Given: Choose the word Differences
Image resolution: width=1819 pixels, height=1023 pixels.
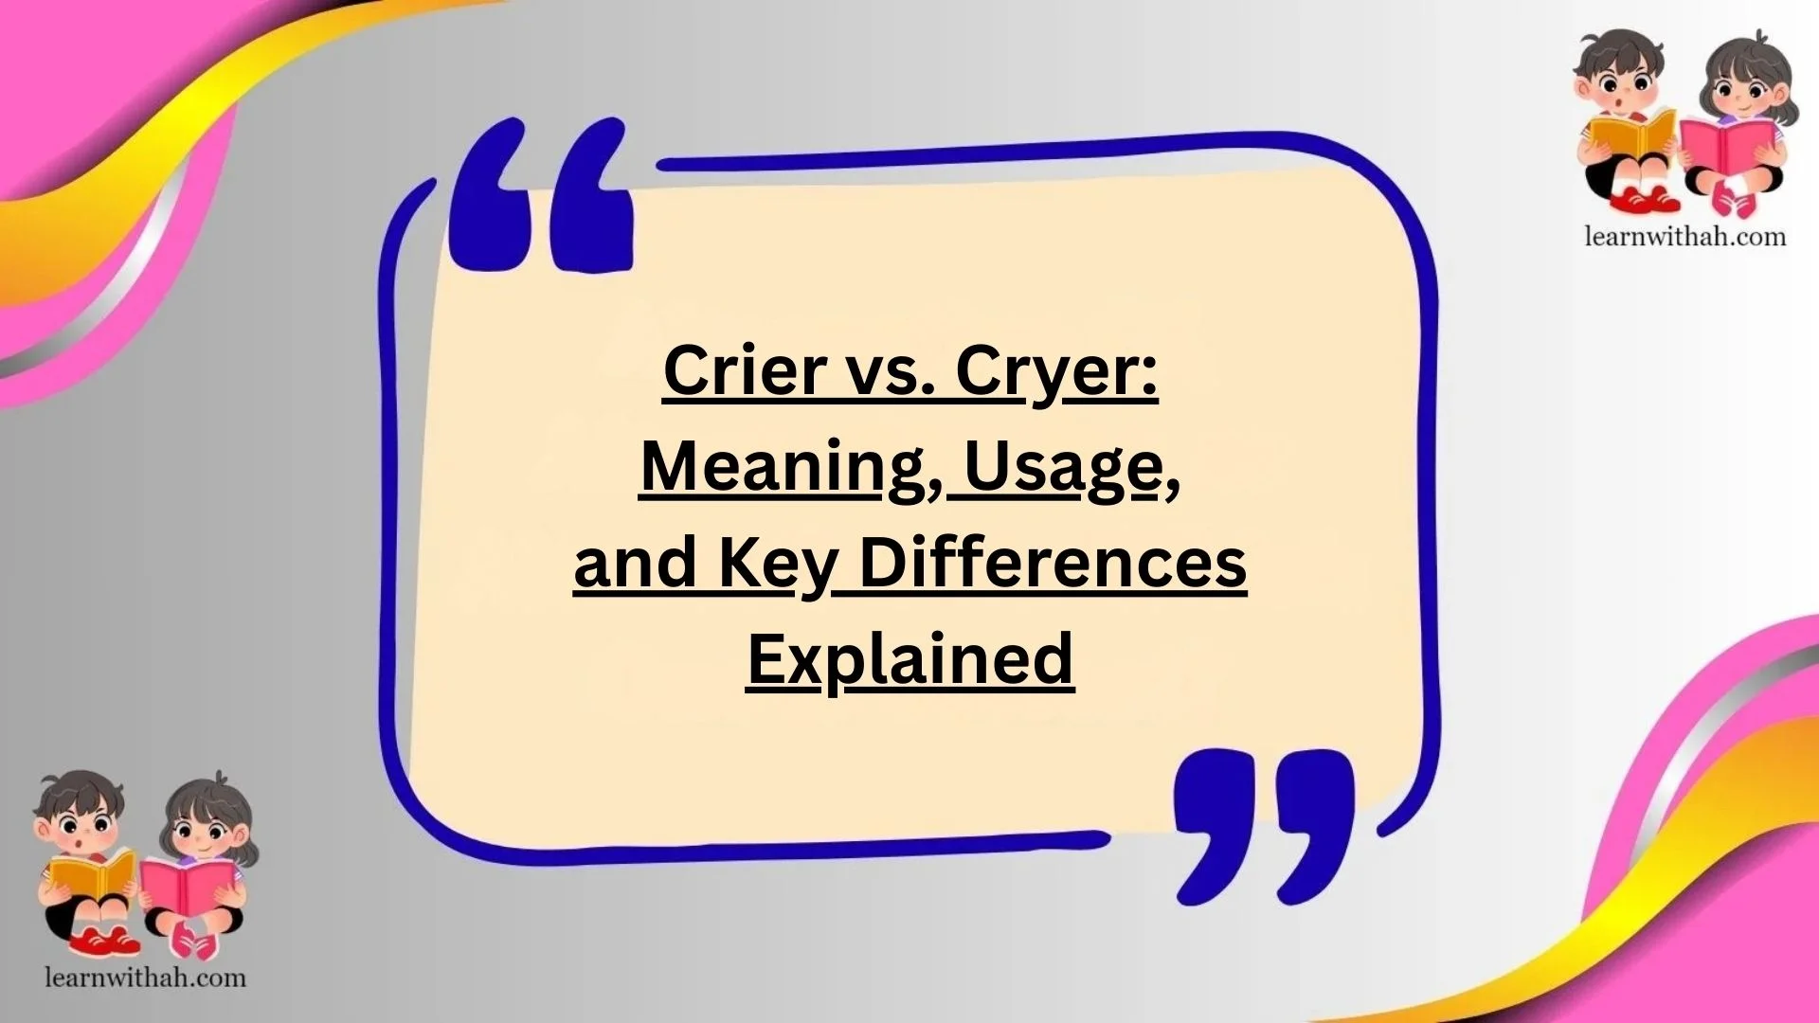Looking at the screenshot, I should [1053, 563].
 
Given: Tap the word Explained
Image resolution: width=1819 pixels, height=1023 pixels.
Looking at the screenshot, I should [909, 659].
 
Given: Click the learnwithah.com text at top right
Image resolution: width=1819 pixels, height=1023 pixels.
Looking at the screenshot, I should [1684, 236].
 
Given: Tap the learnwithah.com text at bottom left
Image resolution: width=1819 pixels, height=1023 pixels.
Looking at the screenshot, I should [145, 978].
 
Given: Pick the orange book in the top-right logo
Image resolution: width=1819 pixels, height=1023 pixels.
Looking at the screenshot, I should [1630, 135].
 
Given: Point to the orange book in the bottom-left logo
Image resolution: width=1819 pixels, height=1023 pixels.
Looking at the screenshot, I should [90, 875].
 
